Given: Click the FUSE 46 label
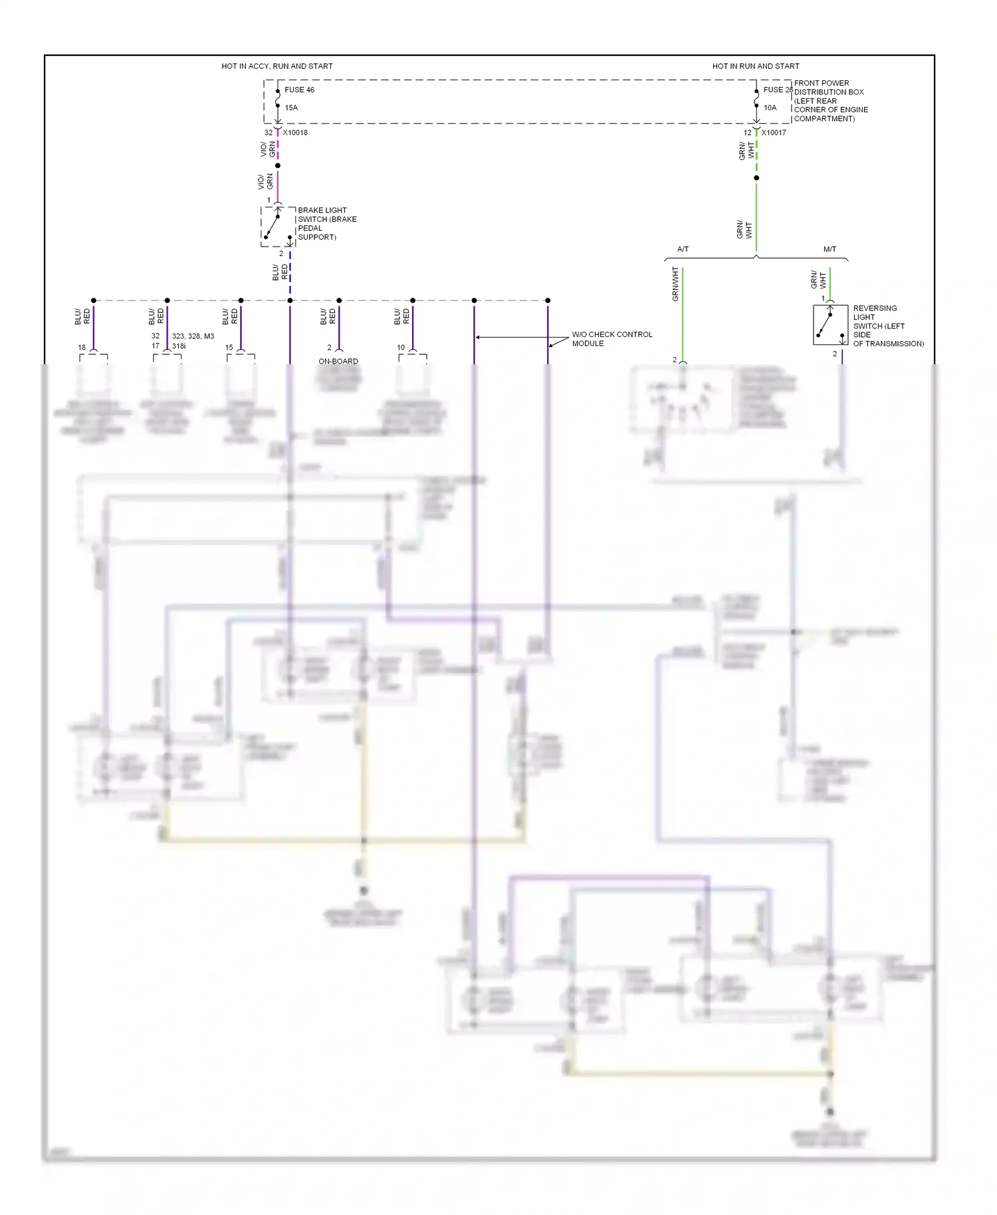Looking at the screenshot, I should [x=299, y=90].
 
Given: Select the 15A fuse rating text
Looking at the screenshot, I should [x=291, y=108].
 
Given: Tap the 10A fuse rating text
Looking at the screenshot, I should [x=770, y=108].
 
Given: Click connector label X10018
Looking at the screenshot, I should [x=295, y=132].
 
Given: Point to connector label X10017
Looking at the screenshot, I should [x=774, y=132].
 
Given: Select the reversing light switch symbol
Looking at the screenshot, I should [x=830, y=324].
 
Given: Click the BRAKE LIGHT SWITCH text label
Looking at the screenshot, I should [x=326, y=223].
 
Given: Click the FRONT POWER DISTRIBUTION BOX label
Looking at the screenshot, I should [x=830, y=101].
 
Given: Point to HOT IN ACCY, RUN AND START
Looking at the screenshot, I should [x=277, y=66].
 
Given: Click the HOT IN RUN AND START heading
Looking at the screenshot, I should [x=755, y=66].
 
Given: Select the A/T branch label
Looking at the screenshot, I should [x=683, y=249].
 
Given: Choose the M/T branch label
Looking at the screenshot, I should [x=830, y=249].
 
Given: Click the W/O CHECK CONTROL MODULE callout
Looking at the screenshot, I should [x=611, y=339].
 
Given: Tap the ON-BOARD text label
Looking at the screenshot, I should [x=338, y=362].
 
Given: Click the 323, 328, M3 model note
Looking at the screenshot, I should [x=193, y=336].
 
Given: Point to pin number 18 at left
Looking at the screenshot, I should [x=82, y=348].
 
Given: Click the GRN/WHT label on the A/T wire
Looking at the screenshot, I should [x=675, y=284].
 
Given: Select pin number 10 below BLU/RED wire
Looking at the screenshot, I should [x=401, y=348].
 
